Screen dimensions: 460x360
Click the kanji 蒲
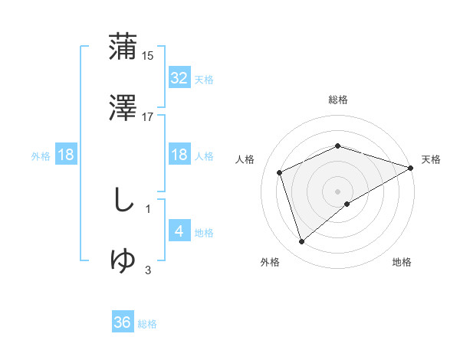[x=123, y=47]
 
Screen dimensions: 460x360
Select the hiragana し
[x=123, y=201]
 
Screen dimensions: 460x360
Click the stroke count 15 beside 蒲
[x=149, y=56]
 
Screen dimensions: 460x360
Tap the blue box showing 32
[x=179, y=78]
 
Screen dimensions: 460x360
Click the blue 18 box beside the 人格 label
[x=179, y=155]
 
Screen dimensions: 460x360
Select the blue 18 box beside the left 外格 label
[x=66, y=155]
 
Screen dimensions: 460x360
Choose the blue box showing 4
[x=179, y=231]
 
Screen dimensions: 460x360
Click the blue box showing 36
[x=123, y=322]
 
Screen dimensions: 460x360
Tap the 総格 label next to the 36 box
[x=148, y=324]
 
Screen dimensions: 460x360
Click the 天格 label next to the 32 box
[x=204, y=80]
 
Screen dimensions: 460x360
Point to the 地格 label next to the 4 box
[x=204, y=233]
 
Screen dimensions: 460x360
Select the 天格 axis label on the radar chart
[x=431, y=159]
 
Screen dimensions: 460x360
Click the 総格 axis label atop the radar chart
[x=338, y=100]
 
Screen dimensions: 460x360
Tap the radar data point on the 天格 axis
[x=412, y=167]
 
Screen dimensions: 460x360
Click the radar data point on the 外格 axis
[x=301, y=242]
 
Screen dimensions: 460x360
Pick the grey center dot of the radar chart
[x=338, y=191]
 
